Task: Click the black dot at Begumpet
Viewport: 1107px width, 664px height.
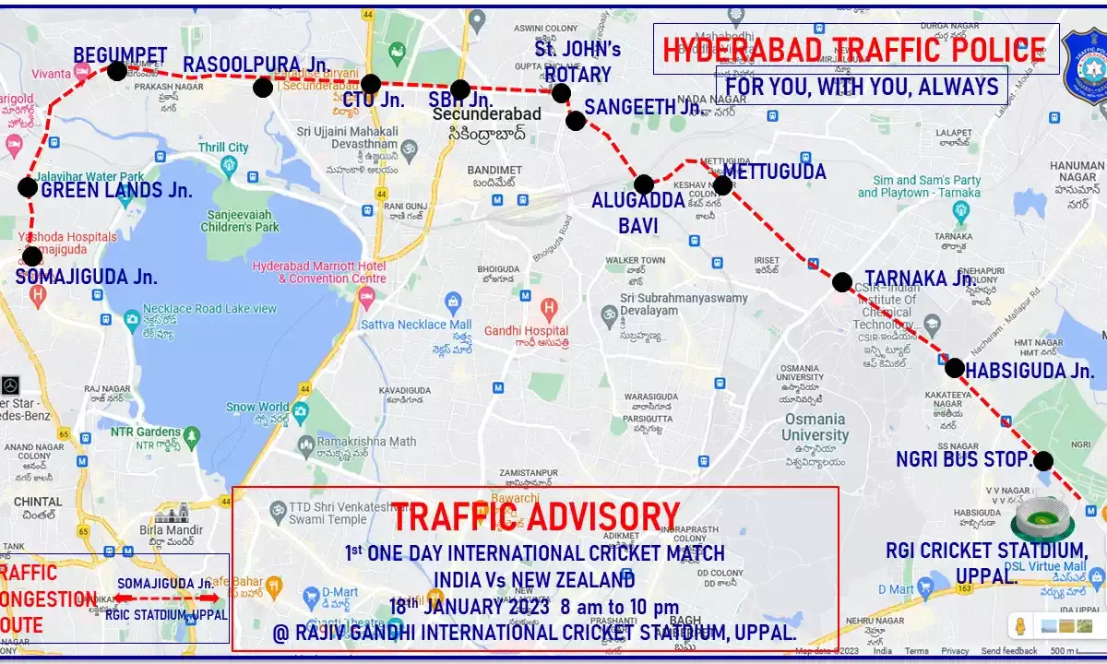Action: pyautogui.click(x=117, y=71)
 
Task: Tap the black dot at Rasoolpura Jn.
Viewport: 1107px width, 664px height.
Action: pyautogui.click(x=263, y=88)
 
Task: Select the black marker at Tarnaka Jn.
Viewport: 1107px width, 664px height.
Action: pyautogui.click(x=842, y=282)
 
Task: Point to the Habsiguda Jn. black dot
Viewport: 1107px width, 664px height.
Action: pyautogui.click(x=955, y=368)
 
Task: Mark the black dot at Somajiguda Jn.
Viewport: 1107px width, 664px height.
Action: pyautogui.click(x=32, y=256)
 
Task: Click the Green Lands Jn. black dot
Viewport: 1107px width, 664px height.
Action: pyautogui.click(x=28, y=187)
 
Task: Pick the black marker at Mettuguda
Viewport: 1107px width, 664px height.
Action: pyautogui.click(x=722, y=185)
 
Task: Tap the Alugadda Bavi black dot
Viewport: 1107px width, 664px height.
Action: pyautogui.click(x=644, y=184)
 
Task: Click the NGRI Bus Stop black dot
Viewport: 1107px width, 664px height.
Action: pyautogui.click(x=1043, y=460)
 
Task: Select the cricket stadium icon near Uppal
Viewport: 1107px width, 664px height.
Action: pyautogui.click(x=1042, y=519)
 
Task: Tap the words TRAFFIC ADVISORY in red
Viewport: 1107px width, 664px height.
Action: pyautogui.click(x=535, y=518)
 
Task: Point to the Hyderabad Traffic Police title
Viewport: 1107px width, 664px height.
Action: pyautogui.click(x=854, y=50)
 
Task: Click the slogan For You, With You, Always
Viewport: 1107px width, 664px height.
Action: pyautogui.click(x=862, y=87)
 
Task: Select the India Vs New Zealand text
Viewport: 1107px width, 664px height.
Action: pyautogui.click(x=535, y=580)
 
